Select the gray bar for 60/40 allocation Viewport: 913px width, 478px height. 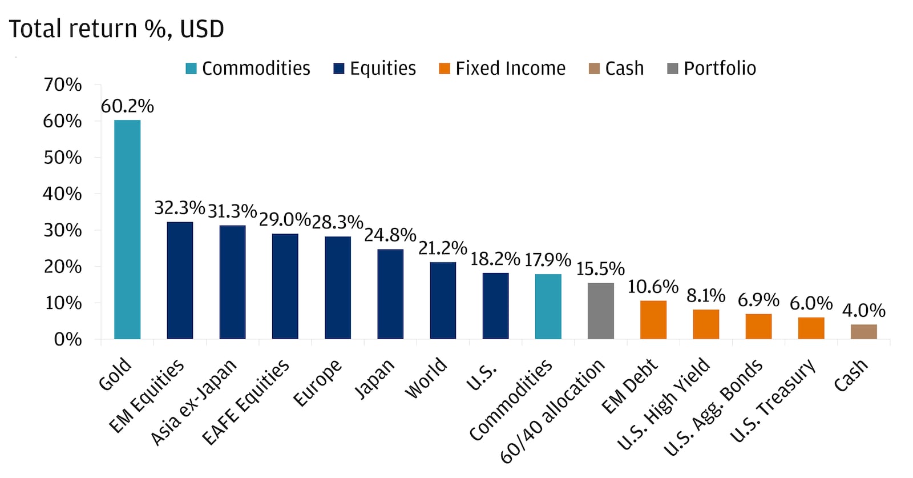click(x=600, y=311)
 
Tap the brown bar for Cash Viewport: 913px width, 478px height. click(x=863, y=332)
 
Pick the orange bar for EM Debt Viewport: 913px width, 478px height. click(x=653, y=320)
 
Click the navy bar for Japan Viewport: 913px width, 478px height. click(x=390, y=294)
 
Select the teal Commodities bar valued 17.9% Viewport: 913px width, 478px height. click(x=548, y=307)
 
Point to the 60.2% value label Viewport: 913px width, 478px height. click(x=127, y=106)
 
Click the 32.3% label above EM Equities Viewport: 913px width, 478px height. click(x=179, y=207)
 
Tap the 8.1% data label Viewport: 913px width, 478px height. click(x=706, y=295)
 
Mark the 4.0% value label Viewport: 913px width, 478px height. click(x=863, y=310)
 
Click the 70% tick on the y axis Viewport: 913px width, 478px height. click(x=63, y=85)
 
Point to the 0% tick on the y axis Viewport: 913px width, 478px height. click(x=68, y=339)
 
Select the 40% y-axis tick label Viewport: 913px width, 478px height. click(x=63, y=194)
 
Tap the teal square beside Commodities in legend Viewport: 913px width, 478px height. click(x=191, y=69)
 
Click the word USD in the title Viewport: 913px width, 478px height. click(x=202, y=29)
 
